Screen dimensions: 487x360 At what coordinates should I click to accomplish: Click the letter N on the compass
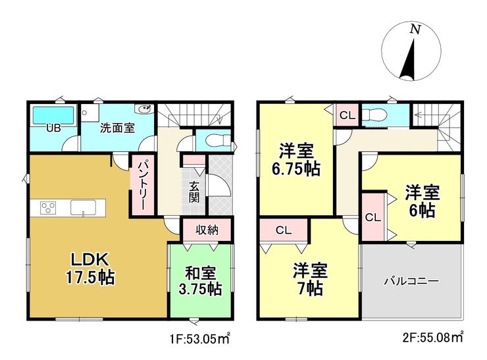(x=415, y=30)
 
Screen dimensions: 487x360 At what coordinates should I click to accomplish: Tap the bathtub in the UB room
(x=53, y=116)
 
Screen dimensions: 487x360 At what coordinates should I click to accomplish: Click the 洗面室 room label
(x=117, y=128)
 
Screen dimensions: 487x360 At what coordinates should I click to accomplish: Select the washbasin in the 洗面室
(x=144, y=109)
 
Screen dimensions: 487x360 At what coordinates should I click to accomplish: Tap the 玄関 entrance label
(x=194, y=192)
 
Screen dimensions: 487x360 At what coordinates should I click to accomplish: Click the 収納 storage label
(x=207, y=230)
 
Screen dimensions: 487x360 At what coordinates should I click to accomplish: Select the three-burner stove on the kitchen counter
(x=48, y=207)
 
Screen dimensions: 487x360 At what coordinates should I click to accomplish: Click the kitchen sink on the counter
(x=83, y=207)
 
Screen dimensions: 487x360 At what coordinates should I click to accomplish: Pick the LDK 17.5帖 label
(x=90, y=268)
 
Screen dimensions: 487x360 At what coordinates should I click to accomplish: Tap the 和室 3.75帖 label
(x=200, y=281)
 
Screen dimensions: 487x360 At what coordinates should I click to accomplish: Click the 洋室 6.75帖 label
(x=296, y=159)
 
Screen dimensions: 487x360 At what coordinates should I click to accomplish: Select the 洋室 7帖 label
(x=310, y=279)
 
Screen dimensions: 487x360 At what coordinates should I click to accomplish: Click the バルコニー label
(x=411, y=281)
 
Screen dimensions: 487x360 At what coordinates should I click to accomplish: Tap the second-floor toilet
(x=374, y=115)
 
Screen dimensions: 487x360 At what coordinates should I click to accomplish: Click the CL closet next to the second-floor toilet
(x=347, y=115)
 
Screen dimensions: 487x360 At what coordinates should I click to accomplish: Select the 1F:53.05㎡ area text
(x=199, y=338)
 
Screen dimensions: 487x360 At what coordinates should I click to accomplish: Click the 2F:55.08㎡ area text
(x=433, y=338)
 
